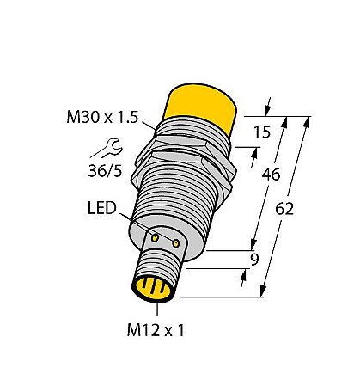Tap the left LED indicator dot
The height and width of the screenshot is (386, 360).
point(157,235)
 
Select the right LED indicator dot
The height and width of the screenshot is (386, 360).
point(176,245)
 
